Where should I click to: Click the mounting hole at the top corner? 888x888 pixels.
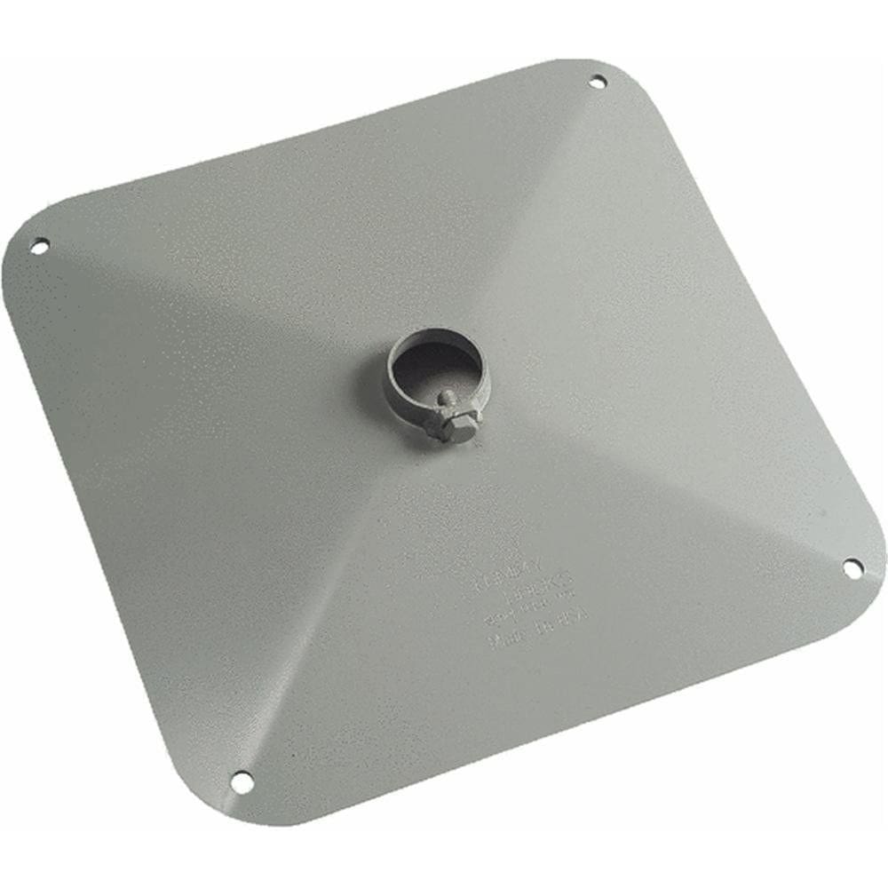click(x=598, y=83)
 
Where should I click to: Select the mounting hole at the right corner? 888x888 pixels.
click(x=852, y=567)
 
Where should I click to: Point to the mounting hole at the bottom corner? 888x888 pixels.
click(x=241, y=781)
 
